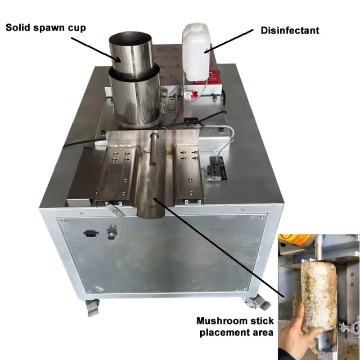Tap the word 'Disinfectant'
290,31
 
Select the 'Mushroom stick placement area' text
234,327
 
